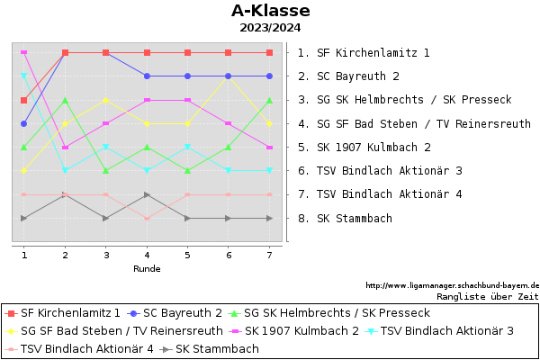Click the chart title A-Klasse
(x=271, y=11)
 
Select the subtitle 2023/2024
(x=270, y=28)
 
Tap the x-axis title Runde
(x=147, y=269)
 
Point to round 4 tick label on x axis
(x=147, y=256)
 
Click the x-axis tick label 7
(x=269, y=256)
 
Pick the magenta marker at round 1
(x=23, y=52)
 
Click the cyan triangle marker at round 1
(x=23, y=76)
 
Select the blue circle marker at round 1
(x=23, y=123)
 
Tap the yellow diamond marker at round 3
(x=105, y=100)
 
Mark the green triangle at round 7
(x=269, y=100)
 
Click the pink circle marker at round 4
(x=147, y=219)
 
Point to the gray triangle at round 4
(x=147, y=194)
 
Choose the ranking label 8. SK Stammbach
(x=345, y=219)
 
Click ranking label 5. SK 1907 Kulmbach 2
(x=364, y=148)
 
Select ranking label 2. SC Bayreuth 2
(x=348, y=76)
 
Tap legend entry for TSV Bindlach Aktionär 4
(x=79, y=349)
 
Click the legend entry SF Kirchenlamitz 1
(x=63, y=313)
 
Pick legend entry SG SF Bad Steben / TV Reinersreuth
(x=114, y=331)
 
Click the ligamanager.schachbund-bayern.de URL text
(x=452, y=285)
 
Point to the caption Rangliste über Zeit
(x=488, y=297)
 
